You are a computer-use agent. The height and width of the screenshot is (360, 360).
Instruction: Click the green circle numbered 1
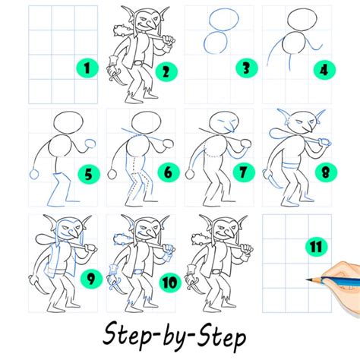click(x=87, y=68)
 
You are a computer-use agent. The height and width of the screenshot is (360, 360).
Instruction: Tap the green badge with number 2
click(x=166, y=71)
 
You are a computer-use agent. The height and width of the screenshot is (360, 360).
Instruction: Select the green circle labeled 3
click(x=246, y=68)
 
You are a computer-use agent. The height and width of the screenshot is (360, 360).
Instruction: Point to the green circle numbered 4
click(x=324, y=70)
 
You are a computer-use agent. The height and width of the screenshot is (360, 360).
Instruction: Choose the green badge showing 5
click(x=89, y=175)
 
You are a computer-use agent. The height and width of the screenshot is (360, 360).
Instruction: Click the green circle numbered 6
click(x=168, y=172)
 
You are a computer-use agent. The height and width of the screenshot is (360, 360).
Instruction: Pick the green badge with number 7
click(x=243, y=172)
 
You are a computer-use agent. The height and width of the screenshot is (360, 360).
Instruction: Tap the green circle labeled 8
click(x=326, y=173)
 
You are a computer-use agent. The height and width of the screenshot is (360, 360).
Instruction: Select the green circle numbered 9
click(x=91, y=279)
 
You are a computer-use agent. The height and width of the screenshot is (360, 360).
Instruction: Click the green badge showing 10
click(x=170, y=282)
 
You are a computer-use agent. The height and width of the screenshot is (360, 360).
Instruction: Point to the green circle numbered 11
click(x=317, y=246)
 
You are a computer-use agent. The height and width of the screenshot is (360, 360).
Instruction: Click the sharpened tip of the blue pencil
click(x=306, y=279)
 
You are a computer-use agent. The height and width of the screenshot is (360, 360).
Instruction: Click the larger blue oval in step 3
click(x=224, y=19)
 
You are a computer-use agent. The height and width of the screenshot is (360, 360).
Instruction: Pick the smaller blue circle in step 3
click(x=216, y=43)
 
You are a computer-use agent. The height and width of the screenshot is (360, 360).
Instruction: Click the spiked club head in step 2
click(x=122, y=30)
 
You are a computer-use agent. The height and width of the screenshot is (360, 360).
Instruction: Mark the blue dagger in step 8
click(x=272, y=179)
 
